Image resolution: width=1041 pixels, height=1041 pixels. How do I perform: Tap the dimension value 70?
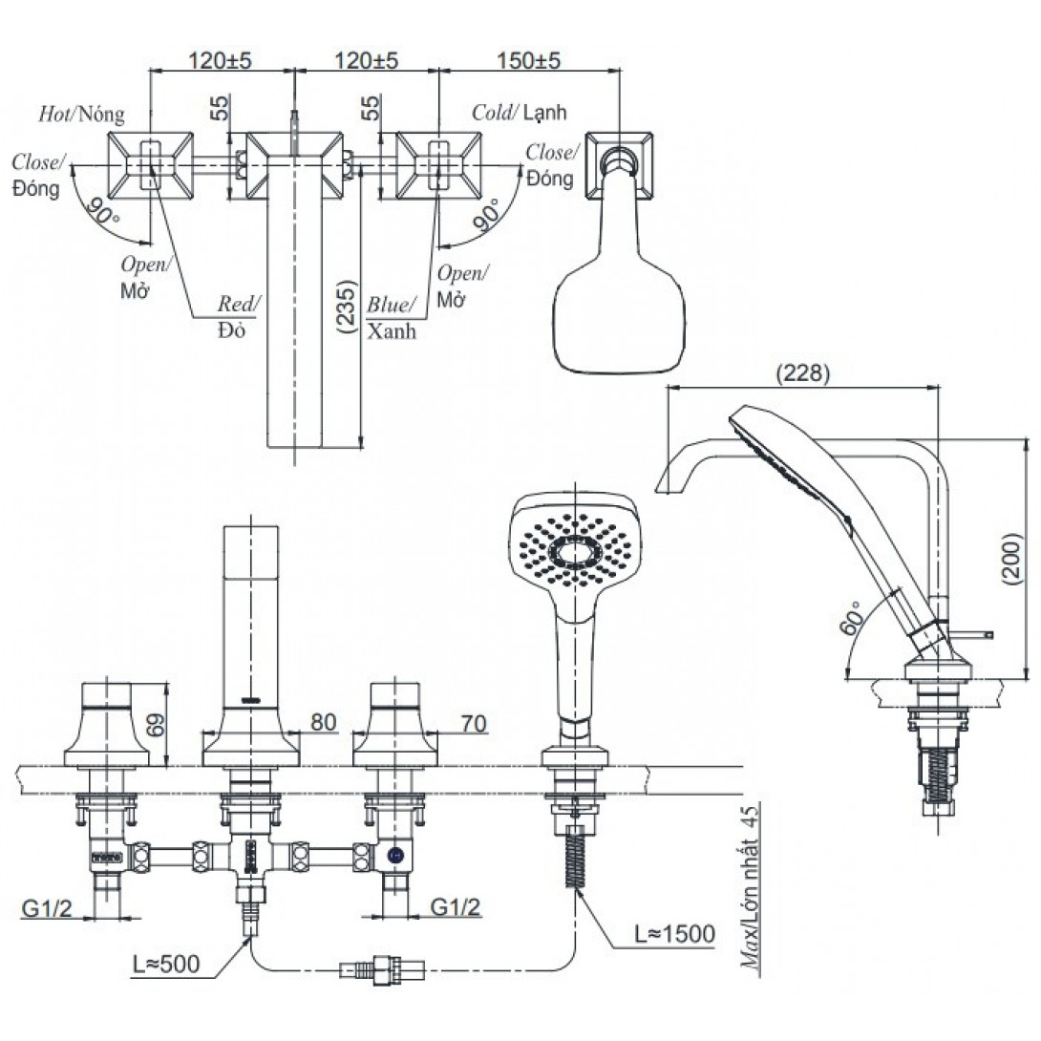(x=472, y=724)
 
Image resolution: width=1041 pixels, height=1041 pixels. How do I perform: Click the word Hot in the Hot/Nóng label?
(x=53, y=113)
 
